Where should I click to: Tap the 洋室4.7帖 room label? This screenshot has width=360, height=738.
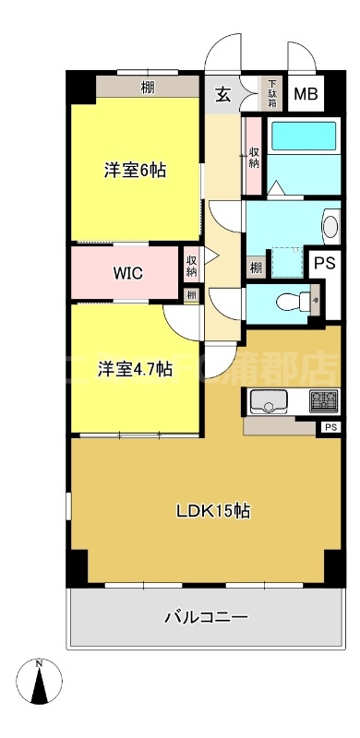pyautogui.click(x=136, y=369)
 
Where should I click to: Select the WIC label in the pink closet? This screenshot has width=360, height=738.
pyautogui.click(x=128, y=273)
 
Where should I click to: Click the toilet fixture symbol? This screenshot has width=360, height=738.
pyautogui.click(x=294, y=301)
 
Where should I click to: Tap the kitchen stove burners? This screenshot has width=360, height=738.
pyautogui.click(x=322, y=401)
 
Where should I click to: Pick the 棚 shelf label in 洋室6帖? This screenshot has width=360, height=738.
pyautogui.click(x=148, y=89)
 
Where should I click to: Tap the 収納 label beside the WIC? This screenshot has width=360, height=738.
pyautogui.click(x=191, y=266)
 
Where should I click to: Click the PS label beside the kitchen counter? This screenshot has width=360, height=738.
pyautogui.click(x=330, y=427)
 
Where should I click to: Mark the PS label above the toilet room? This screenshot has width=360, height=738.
pyautogui.click(x=323, y=263)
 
